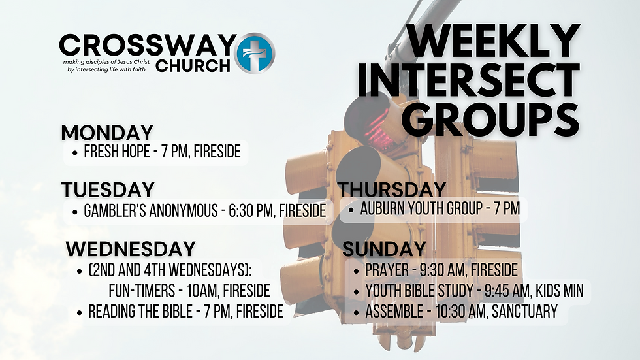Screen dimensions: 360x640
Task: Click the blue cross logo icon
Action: tap(255, 53)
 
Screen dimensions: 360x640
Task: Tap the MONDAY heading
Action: tap(107, 133)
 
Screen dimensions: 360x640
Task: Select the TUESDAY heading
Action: tap(108, 190)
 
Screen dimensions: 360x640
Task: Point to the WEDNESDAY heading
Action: tap(131, 249)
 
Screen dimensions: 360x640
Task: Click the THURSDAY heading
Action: tap(392, 190)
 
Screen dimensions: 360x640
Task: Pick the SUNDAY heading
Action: tap(385, 249)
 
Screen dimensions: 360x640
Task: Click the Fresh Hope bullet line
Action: tap(162, 152)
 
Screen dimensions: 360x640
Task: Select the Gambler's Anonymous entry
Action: tap(204, 211)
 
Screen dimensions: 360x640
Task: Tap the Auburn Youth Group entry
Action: tap(440, 210)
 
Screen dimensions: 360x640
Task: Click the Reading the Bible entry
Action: tap(185, 312)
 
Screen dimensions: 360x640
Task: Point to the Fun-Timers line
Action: tap(189, 291)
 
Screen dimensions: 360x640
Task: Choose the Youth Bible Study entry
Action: tap(474, 291)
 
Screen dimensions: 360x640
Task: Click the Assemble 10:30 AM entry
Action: tap(461, 312)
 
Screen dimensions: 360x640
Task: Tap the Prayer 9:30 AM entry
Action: tap(441, 270)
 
